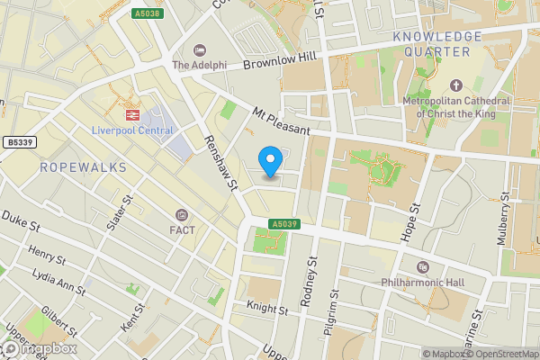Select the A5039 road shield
point(282,224)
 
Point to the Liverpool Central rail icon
point(131,115)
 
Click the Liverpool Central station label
point(131,131)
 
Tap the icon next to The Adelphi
point(199,50)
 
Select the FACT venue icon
point(183,215)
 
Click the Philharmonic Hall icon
point(423,267)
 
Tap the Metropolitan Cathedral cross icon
point(456,85)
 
